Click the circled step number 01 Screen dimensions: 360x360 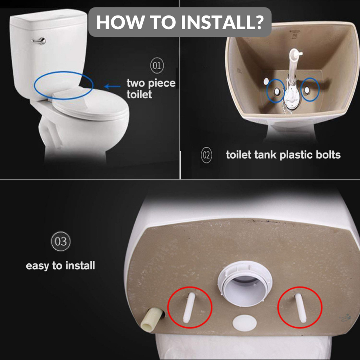(157, 66)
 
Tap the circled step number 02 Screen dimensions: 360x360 (206, 155)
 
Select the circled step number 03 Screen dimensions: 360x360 (60, 242)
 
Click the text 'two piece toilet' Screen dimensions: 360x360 (150, 89)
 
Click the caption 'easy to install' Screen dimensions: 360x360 (60, 265)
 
